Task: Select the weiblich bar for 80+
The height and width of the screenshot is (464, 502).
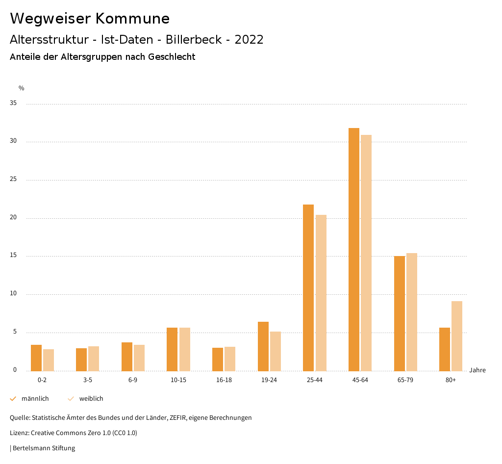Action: pyautogui.click(x=457, y=336)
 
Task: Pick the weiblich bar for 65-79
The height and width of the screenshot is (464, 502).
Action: pyautogui.click(x=412, y=312)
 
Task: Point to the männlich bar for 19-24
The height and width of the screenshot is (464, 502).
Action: pyautogui.click(x=263, y=346)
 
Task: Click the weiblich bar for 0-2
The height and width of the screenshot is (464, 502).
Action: pyautogui.click(x=49, y=360)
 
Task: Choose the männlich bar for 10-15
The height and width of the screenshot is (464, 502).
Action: pyautogui.click(x=172, y=349)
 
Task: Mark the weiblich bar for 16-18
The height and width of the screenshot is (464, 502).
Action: pyautogui.click(x=230, y=359)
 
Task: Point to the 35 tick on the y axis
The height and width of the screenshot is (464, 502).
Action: pyautogui.click(x=14, y=103)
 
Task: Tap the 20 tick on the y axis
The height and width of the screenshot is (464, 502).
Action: pyautogui.click(x=14, y=218)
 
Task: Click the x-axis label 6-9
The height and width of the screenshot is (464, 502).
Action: pyautogui.click(x=133, y=380)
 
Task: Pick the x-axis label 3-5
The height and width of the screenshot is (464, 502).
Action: pyautogui.click(x=87, y=380)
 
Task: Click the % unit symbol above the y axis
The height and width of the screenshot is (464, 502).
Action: pyautogui.click(x=22, y=88)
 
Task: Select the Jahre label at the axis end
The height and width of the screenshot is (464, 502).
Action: pyautogui.click(x=477, y=370)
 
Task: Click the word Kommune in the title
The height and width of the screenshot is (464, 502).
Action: pyautogui.click(x=132, y=19)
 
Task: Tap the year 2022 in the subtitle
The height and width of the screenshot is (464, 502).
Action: pyautogui.click(x=249, y=40)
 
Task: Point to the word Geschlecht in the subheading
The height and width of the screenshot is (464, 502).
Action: pyautogui.click(x=172, y=57)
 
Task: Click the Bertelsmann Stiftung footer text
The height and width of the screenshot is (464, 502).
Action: pyautogui.click(x=44, y=448)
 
